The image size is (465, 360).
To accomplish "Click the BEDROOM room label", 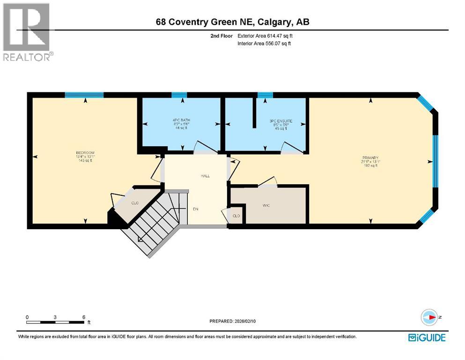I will pos(85,153).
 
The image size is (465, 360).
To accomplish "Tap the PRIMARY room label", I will pos(370,158).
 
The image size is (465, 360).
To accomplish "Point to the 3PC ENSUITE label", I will pos(281,121).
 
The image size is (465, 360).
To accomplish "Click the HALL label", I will pos(205,176).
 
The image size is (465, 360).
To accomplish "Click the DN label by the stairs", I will pos(195,209).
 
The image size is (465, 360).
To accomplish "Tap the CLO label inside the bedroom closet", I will pos(134,203).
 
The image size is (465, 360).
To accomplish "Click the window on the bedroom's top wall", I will pos(84,95).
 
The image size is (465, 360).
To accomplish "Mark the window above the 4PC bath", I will pos(178,95).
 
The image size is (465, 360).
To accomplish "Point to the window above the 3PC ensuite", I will pos(265,95).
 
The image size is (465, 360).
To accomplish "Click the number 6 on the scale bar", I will pos(83,317).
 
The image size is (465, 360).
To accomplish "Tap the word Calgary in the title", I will pos(268,22).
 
